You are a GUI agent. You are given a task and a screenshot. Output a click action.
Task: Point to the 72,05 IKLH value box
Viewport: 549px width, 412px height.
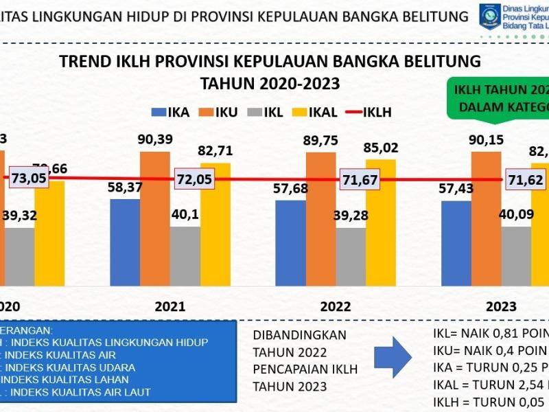[196, 179]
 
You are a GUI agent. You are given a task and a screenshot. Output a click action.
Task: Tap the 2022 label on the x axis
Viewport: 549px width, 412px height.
[336, 306]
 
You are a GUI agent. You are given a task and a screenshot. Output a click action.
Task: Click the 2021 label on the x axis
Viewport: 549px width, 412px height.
[170, 306]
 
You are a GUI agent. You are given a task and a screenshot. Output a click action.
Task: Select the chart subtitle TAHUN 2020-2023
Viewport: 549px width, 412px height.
[270, 84]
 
